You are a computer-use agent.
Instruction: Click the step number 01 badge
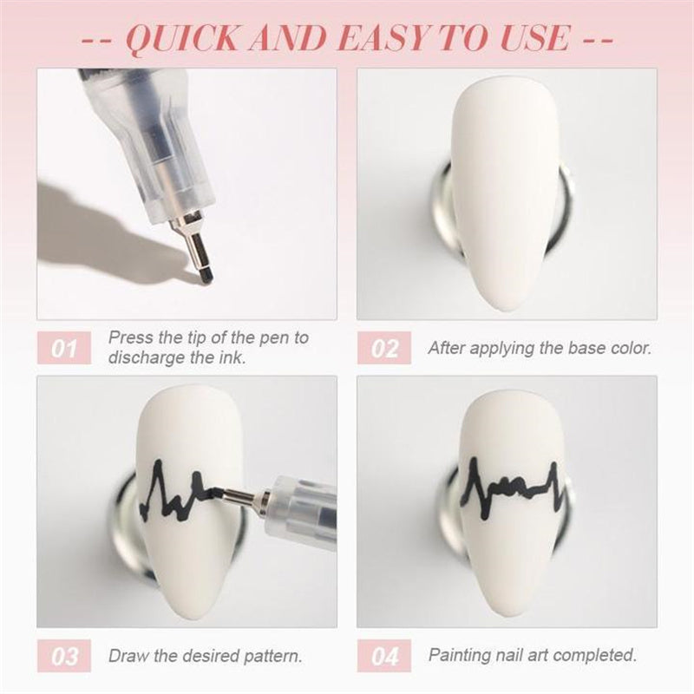coord(64,349)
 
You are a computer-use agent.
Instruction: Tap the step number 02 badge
coord(384,349)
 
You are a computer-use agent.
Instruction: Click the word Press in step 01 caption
coord(129,337)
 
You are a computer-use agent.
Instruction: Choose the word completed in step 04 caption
coord(599,655)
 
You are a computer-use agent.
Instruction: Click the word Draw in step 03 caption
coord(127,656)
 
